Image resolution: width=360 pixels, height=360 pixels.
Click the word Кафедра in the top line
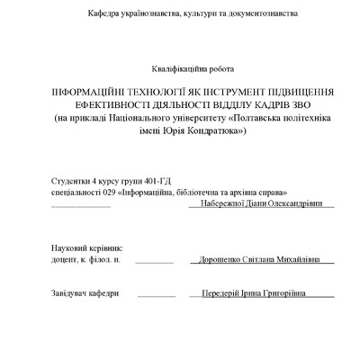point(105,14)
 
